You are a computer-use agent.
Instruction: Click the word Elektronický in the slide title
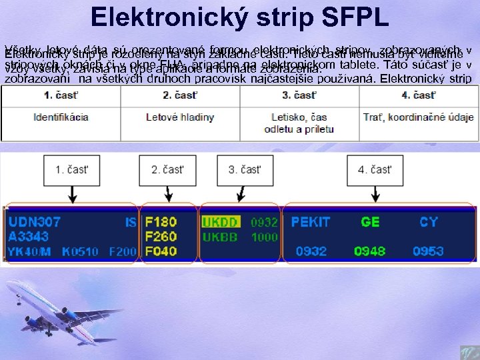pos(166,17)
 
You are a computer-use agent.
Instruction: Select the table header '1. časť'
pos(61,95)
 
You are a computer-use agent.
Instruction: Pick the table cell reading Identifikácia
pos(61,117)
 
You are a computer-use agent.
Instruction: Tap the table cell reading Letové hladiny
pos(180,117)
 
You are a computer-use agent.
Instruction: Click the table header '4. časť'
pos(419,95)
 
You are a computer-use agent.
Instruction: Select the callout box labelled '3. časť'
pos(245,169)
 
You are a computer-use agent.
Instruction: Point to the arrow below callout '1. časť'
pos(71,193)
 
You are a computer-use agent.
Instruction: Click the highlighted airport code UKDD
pos(220,221)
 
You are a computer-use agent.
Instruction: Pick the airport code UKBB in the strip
pos(220,237)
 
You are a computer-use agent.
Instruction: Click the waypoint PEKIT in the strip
pos(310,221)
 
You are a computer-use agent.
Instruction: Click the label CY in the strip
pos(428,221)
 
